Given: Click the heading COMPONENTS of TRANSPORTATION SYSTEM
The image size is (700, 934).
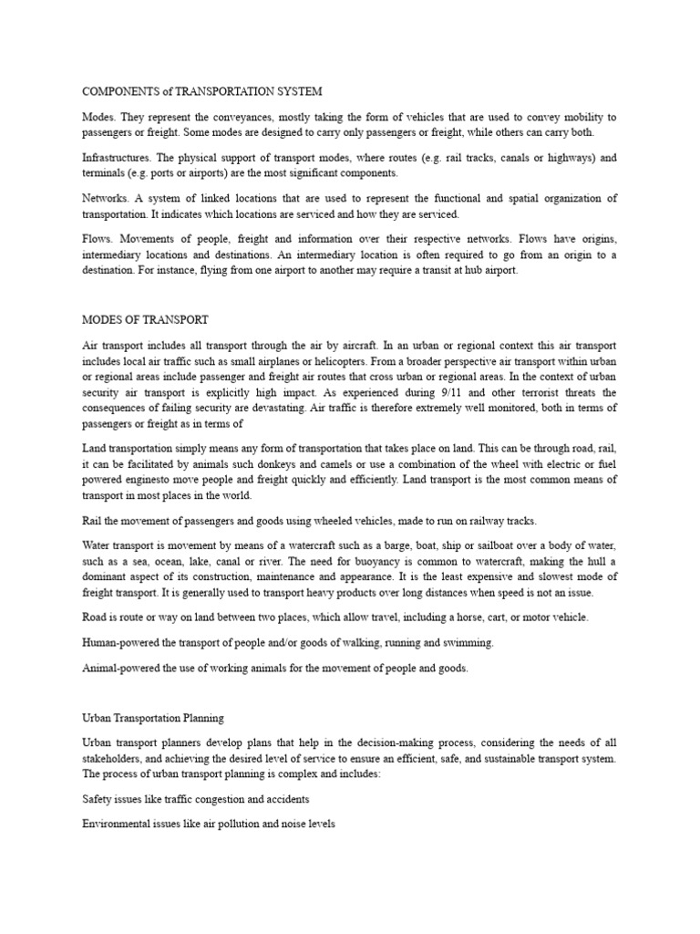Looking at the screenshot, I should coord(201,92).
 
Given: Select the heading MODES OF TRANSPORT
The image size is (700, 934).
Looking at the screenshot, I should coord(145,320).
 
